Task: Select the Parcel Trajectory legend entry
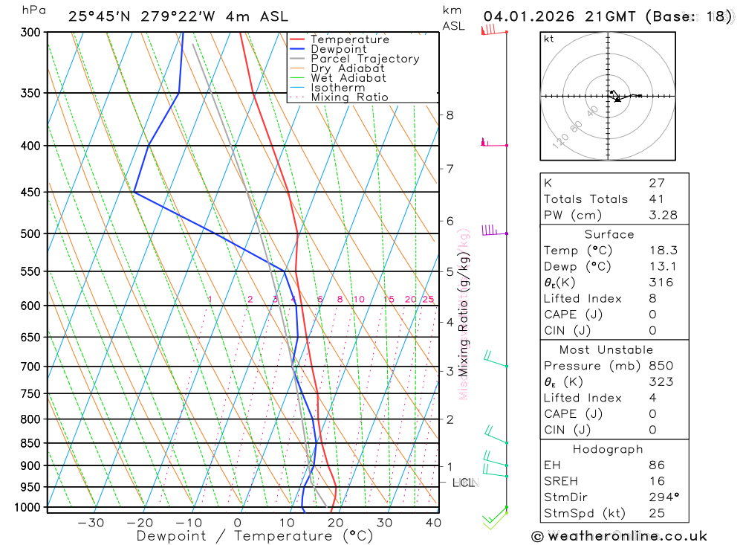point(364,59)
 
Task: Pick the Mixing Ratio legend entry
point(349,97)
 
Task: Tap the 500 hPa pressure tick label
point(30,233)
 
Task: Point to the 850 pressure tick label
point(30,443)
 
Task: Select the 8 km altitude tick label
point(450,115)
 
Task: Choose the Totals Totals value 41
point(656,199)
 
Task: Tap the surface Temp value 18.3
point(662,251)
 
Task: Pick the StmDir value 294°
point(662,497)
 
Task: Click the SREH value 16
point(656,481)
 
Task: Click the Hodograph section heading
point(609,449)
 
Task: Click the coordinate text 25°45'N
point(96,16)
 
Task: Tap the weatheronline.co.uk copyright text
point(620,535)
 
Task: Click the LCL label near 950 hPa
point(463,483)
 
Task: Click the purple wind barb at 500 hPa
point(489,230)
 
